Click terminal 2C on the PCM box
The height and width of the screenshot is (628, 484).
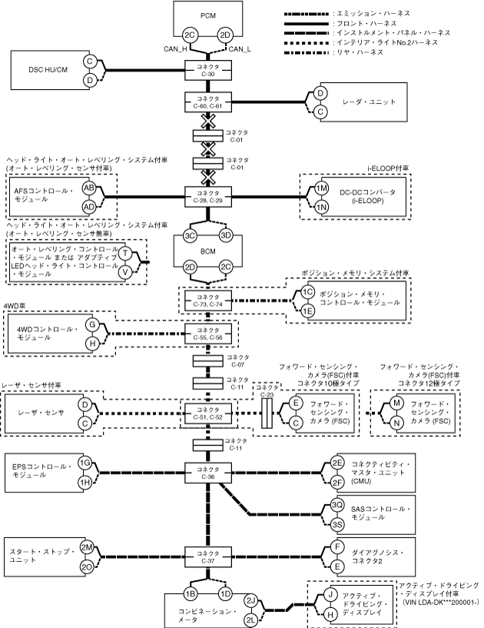[189, 35]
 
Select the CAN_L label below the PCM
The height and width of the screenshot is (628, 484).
[240, 49]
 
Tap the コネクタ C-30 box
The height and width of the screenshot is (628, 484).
[207, 70]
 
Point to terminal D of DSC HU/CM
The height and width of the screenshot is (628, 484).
[90, 80]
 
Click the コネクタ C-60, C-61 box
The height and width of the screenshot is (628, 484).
[207, 102]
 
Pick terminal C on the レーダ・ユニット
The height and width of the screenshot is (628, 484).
[320, 111]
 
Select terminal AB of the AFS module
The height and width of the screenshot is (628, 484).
[89, 188]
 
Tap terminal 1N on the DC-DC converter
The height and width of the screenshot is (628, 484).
[321, 207]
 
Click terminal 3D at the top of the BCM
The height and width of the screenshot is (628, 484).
[226, 235]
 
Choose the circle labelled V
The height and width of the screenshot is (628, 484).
[125, 272]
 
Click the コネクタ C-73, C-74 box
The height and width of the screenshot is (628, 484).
[207, 301]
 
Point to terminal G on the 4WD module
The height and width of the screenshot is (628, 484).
[92, 324]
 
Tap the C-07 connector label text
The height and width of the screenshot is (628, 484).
[238, 361]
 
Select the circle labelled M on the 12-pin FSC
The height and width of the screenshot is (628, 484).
[396, 403]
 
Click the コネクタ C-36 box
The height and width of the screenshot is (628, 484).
[207, 473]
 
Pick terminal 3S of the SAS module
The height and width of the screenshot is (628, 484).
[337, 524]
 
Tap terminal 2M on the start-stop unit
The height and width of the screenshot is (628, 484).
[87, 547]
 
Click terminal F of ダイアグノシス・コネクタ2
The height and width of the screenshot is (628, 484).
[337, 547]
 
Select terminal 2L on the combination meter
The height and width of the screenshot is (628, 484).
[251, 620]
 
